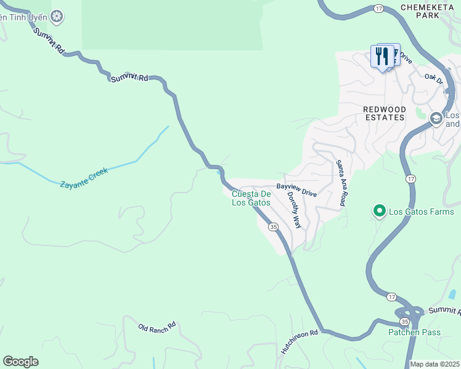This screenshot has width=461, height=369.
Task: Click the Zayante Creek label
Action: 84,177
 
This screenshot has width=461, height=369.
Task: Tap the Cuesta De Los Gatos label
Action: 251,198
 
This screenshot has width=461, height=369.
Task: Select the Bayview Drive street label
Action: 296,189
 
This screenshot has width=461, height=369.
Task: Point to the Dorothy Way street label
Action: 295,210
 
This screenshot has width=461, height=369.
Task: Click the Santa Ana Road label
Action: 340,183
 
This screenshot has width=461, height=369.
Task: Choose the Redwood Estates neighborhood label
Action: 384,113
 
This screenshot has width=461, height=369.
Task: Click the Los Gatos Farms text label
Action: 421,212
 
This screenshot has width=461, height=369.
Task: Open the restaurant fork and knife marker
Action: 383,57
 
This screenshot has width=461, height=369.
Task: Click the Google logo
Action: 20,362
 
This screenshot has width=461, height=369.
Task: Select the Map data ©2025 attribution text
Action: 435,364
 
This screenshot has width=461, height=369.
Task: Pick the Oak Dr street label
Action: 434,79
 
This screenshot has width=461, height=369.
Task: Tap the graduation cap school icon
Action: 436,117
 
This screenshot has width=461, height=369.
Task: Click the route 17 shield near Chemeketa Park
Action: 379,9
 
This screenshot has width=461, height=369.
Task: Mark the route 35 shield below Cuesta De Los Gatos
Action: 272,227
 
